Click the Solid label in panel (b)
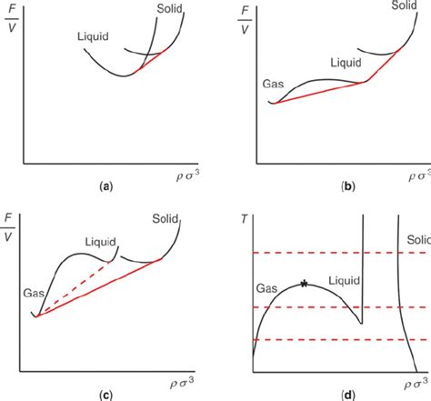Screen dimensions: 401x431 pos(405,5)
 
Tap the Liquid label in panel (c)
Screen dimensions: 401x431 pos(101,243)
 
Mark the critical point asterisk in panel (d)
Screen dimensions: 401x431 pos(304,285)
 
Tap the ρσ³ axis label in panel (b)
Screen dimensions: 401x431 pos(416,174)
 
